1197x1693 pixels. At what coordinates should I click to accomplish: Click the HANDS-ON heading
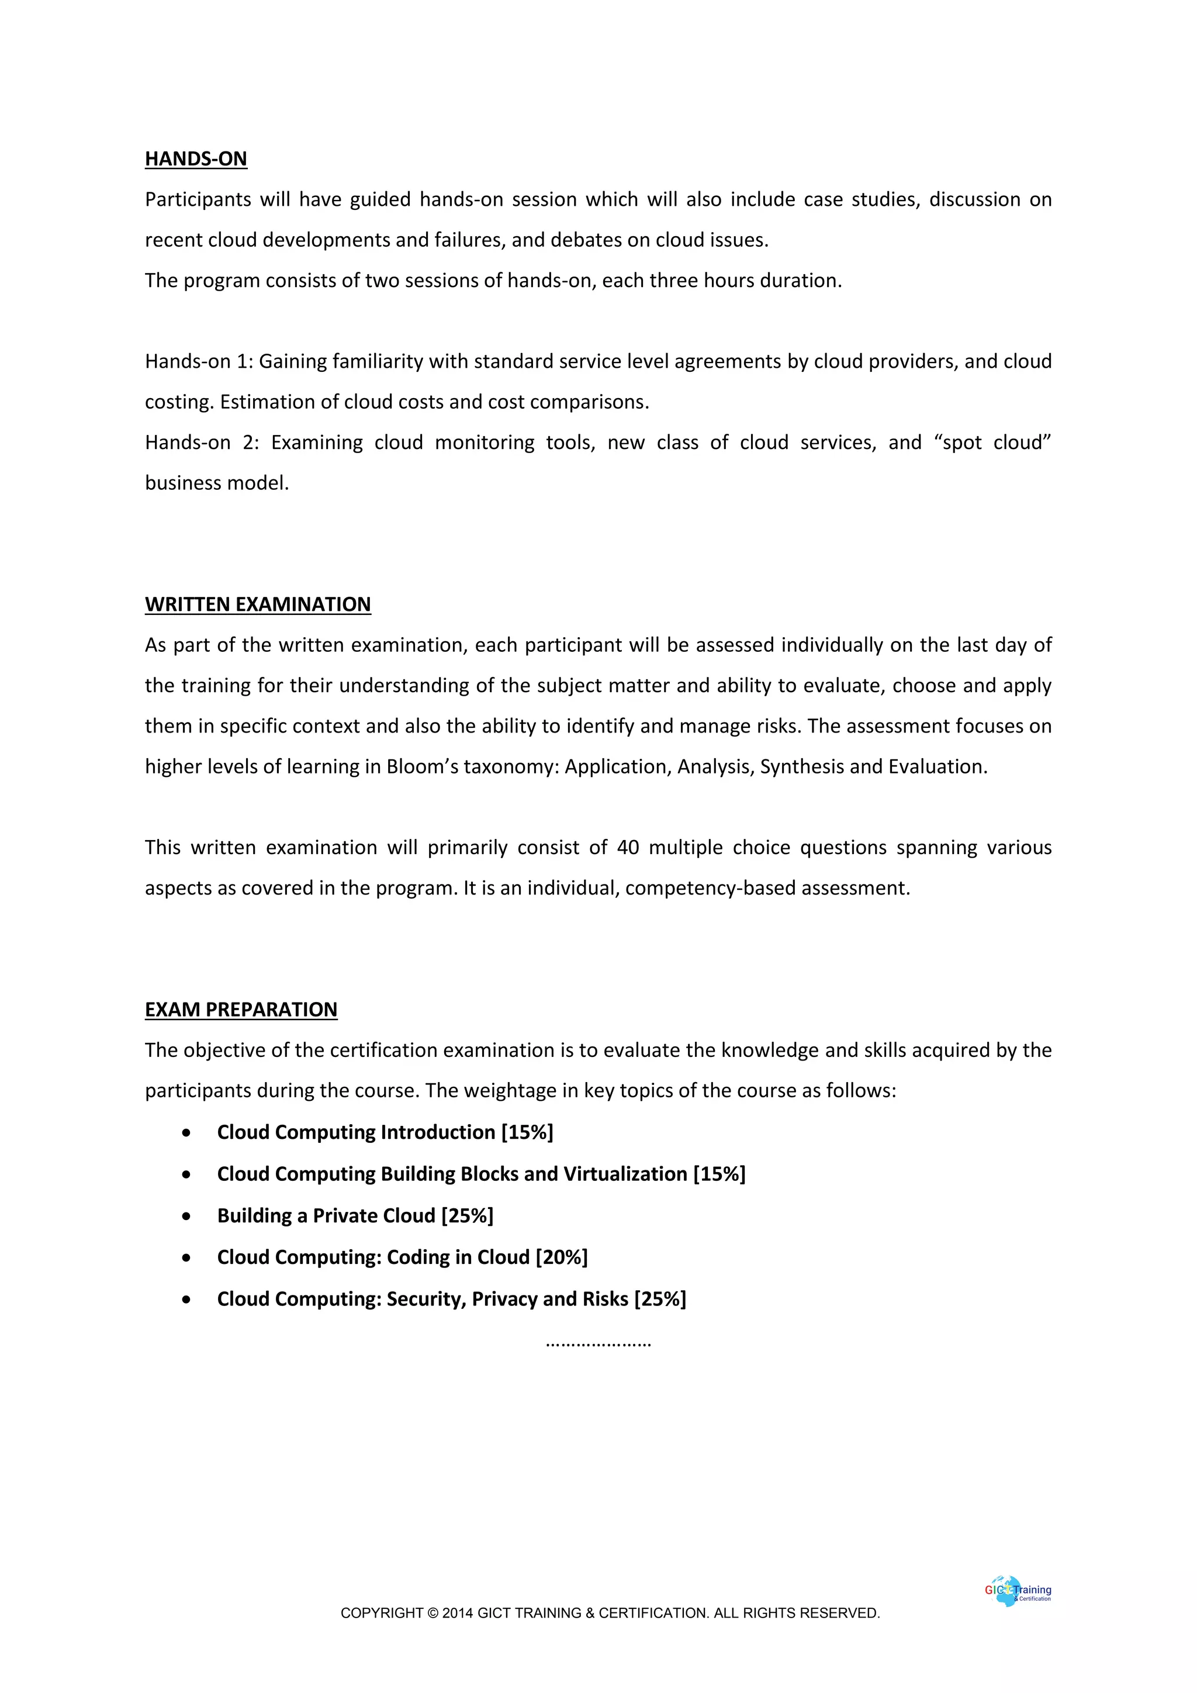(195, 158)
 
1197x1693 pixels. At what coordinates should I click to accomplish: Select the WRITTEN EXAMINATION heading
(257, 604)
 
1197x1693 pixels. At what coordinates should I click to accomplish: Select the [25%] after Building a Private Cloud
(468, 1215)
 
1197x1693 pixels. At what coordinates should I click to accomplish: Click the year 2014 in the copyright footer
(458, 1613)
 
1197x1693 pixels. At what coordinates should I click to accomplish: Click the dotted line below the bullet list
(598, 1343)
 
